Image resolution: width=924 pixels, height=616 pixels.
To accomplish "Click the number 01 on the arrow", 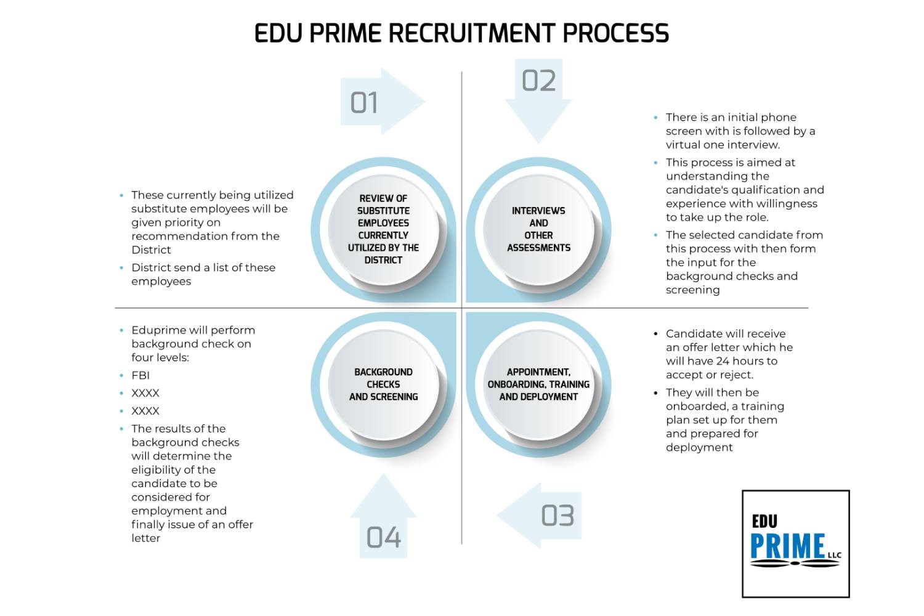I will (364, 103).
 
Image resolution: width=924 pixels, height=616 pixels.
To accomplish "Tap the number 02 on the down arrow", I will (538, 81).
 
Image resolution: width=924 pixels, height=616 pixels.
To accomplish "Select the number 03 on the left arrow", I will (557, 516).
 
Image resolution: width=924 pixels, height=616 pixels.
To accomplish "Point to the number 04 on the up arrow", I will (383, 538).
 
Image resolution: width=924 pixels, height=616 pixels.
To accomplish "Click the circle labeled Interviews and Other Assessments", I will (538, 229).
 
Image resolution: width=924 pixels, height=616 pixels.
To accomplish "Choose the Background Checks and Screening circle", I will (383, 384).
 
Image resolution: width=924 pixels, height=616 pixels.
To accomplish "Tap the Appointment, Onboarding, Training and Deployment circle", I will (538, 384).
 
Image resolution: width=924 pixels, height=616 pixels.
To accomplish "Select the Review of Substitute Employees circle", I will (383, 229).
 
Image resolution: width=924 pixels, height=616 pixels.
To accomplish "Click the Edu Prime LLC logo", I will (795, 543).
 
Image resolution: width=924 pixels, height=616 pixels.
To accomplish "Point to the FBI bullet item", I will (140, 375).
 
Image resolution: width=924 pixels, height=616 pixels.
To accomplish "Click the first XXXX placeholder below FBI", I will (145, 393).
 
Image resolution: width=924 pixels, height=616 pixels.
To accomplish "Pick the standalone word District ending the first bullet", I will (151, 249).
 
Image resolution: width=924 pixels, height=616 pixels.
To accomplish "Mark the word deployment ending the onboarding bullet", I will (699, 447).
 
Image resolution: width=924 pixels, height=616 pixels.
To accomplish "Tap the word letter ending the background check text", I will (145, 538).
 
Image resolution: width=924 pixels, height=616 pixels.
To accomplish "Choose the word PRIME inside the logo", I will (787, 546).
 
